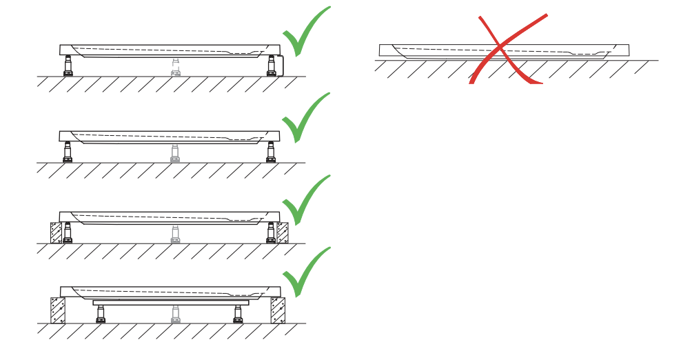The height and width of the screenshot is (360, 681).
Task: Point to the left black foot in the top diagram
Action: [x=68, y=67]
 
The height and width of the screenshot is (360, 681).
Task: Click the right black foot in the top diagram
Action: [x=271, y=67]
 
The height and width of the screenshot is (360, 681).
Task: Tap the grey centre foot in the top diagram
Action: [x=176, y=68]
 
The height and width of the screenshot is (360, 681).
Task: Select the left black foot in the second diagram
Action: [x=68, y=152]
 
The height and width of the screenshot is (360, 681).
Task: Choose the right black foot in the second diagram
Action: [x=270, y=152]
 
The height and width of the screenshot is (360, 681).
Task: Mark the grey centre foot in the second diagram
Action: [x=175, y=153]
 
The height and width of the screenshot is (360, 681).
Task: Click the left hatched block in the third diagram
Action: [x=56, y=232]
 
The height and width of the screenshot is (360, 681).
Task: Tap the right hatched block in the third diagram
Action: [x=282, y=232]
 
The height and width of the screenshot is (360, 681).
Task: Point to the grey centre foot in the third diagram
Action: [x=175, y=234]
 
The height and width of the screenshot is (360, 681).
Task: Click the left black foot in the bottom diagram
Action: [x=101, y=314]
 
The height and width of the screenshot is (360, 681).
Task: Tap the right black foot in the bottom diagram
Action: [x=238, y=314]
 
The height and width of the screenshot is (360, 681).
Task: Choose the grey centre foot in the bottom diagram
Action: [x=175, y=314]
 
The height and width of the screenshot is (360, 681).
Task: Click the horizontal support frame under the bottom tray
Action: [x=170, y=302]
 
